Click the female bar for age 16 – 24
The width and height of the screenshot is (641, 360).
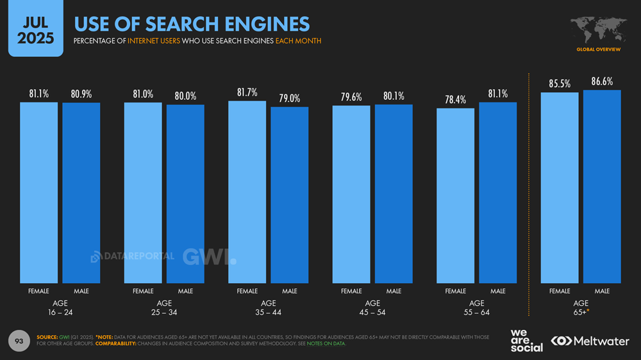click(38, 192)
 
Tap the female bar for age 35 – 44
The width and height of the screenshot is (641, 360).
click(247, 192)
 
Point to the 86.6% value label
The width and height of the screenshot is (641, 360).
click(602, 82)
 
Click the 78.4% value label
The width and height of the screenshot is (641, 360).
click(456, 100)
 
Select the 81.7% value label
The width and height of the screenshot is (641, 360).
click(247, 93)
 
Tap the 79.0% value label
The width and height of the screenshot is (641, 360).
click(289, 99)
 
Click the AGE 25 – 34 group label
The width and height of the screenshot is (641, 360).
click(164, 307)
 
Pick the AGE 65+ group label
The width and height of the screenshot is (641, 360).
click(581, 307)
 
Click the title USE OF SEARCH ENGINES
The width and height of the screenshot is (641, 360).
click(192, 24)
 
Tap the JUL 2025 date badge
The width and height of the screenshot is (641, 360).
click(35, 29)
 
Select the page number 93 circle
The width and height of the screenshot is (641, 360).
click(19, 341)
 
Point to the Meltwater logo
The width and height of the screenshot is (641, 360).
click(590, 341)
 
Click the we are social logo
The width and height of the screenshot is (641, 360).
click(526, 340)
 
